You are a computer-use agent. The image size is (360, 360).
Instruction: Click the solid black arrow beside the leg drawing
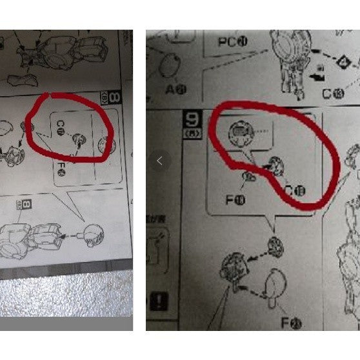pos(315,76)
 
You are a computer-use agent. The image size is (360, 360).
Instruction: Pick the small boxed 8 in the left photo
pos(27,205)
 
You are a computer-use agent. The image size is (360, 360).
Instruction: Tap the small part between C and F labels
pos(79,139)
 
